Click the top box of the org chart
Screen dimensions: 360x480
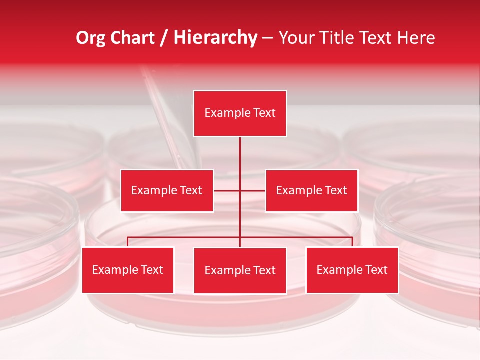240,113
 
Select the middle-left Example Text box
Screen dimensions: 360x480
167,190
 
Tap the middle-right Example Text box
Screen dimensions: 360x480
311,190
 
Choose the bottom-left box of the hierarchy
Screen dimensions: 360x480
128,270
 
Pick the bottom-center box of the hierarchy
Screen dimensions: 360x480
240,270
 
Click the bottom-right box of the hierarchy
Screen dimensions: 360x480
352,270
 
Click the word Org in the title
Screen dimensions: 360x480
90,38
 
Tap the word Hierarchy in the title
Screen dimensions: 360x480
215,38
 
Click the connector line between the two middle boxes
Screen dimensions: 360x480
240,190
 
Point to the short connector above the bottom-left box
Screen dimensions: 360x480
127,242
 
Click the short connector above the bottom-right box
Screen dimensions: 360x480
352,242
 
